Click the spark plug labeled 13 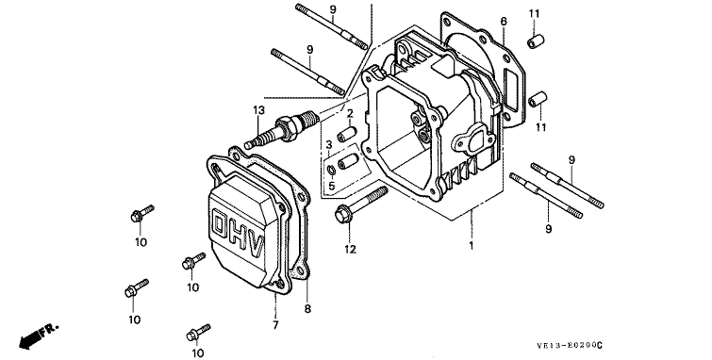(x=279, y=129)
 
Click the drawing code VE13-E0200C (x=570, y=346)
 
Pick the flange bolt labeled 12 (x=361, y=205)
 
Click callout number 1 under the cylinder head (x=472, y=246)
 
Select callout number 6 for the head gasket (x=504, y=22)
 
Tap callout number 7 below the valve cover (x=275, y=325)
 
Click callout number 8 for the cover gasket (x=307, y=309)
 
